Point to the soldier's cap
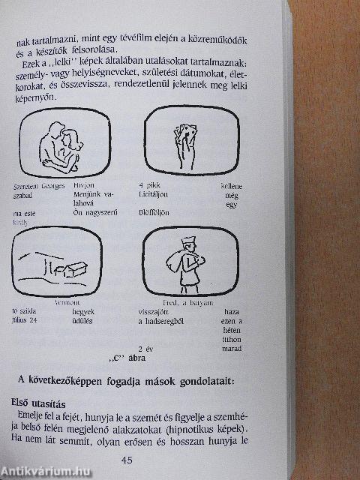[187, 242]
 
